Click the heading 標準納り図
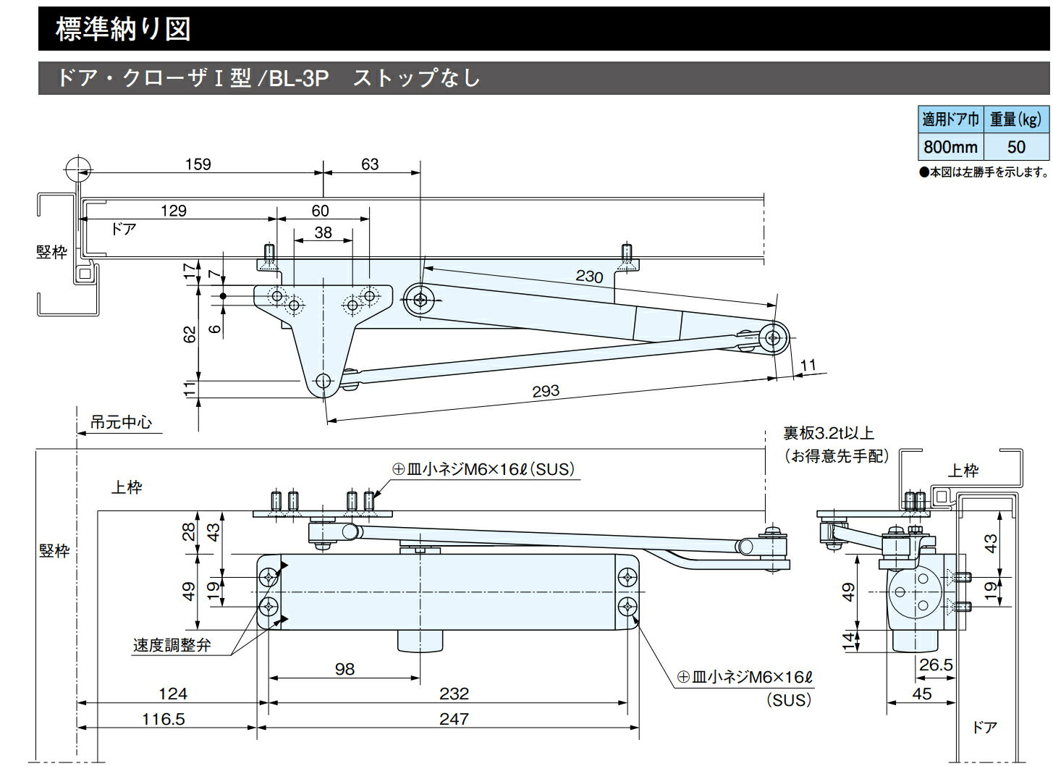pos(123,29)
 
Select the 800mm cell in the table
pos(950,147)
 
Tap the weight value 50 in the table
pos(1016,147)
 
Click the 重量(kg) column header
pos(1016,119)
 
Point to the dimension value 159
pos(198,164)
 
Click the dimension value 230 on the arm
pos(590,276)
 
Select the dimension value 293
pos(546,391)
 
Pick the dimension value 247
pos(454,719)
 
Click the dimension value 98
pos(345,669)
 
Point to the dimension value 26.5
pos(936,665)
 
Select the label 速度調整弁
pos(172,645)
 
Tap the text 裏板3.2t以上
pos(829,434)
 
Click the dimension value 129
pos(173,211)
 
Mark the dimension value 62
pos(190,334)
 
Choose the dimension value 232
pos(454,694)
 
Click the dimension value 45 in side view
pos(922,694)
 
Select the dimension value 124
pos(173,694)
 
